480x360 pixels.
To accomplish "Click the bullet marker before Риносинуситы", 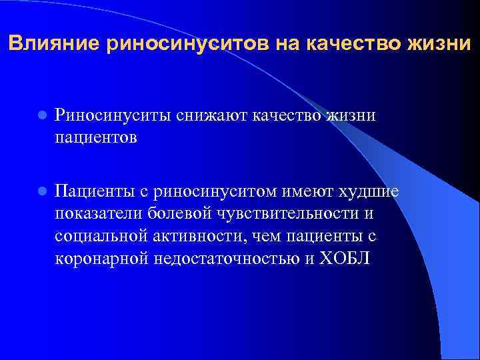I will pos(41,115).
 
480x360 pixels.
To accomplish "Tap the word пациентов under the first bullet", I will pos(96,137).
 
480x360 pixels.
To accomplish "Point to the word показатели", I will pos(101,215).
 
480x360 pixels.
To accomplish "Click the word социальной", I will pos(101,237).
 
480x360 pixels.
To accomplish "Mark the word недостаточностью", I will pos(227,259).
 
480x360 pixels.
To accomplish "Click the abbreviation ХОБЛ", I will pos(343,259).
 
